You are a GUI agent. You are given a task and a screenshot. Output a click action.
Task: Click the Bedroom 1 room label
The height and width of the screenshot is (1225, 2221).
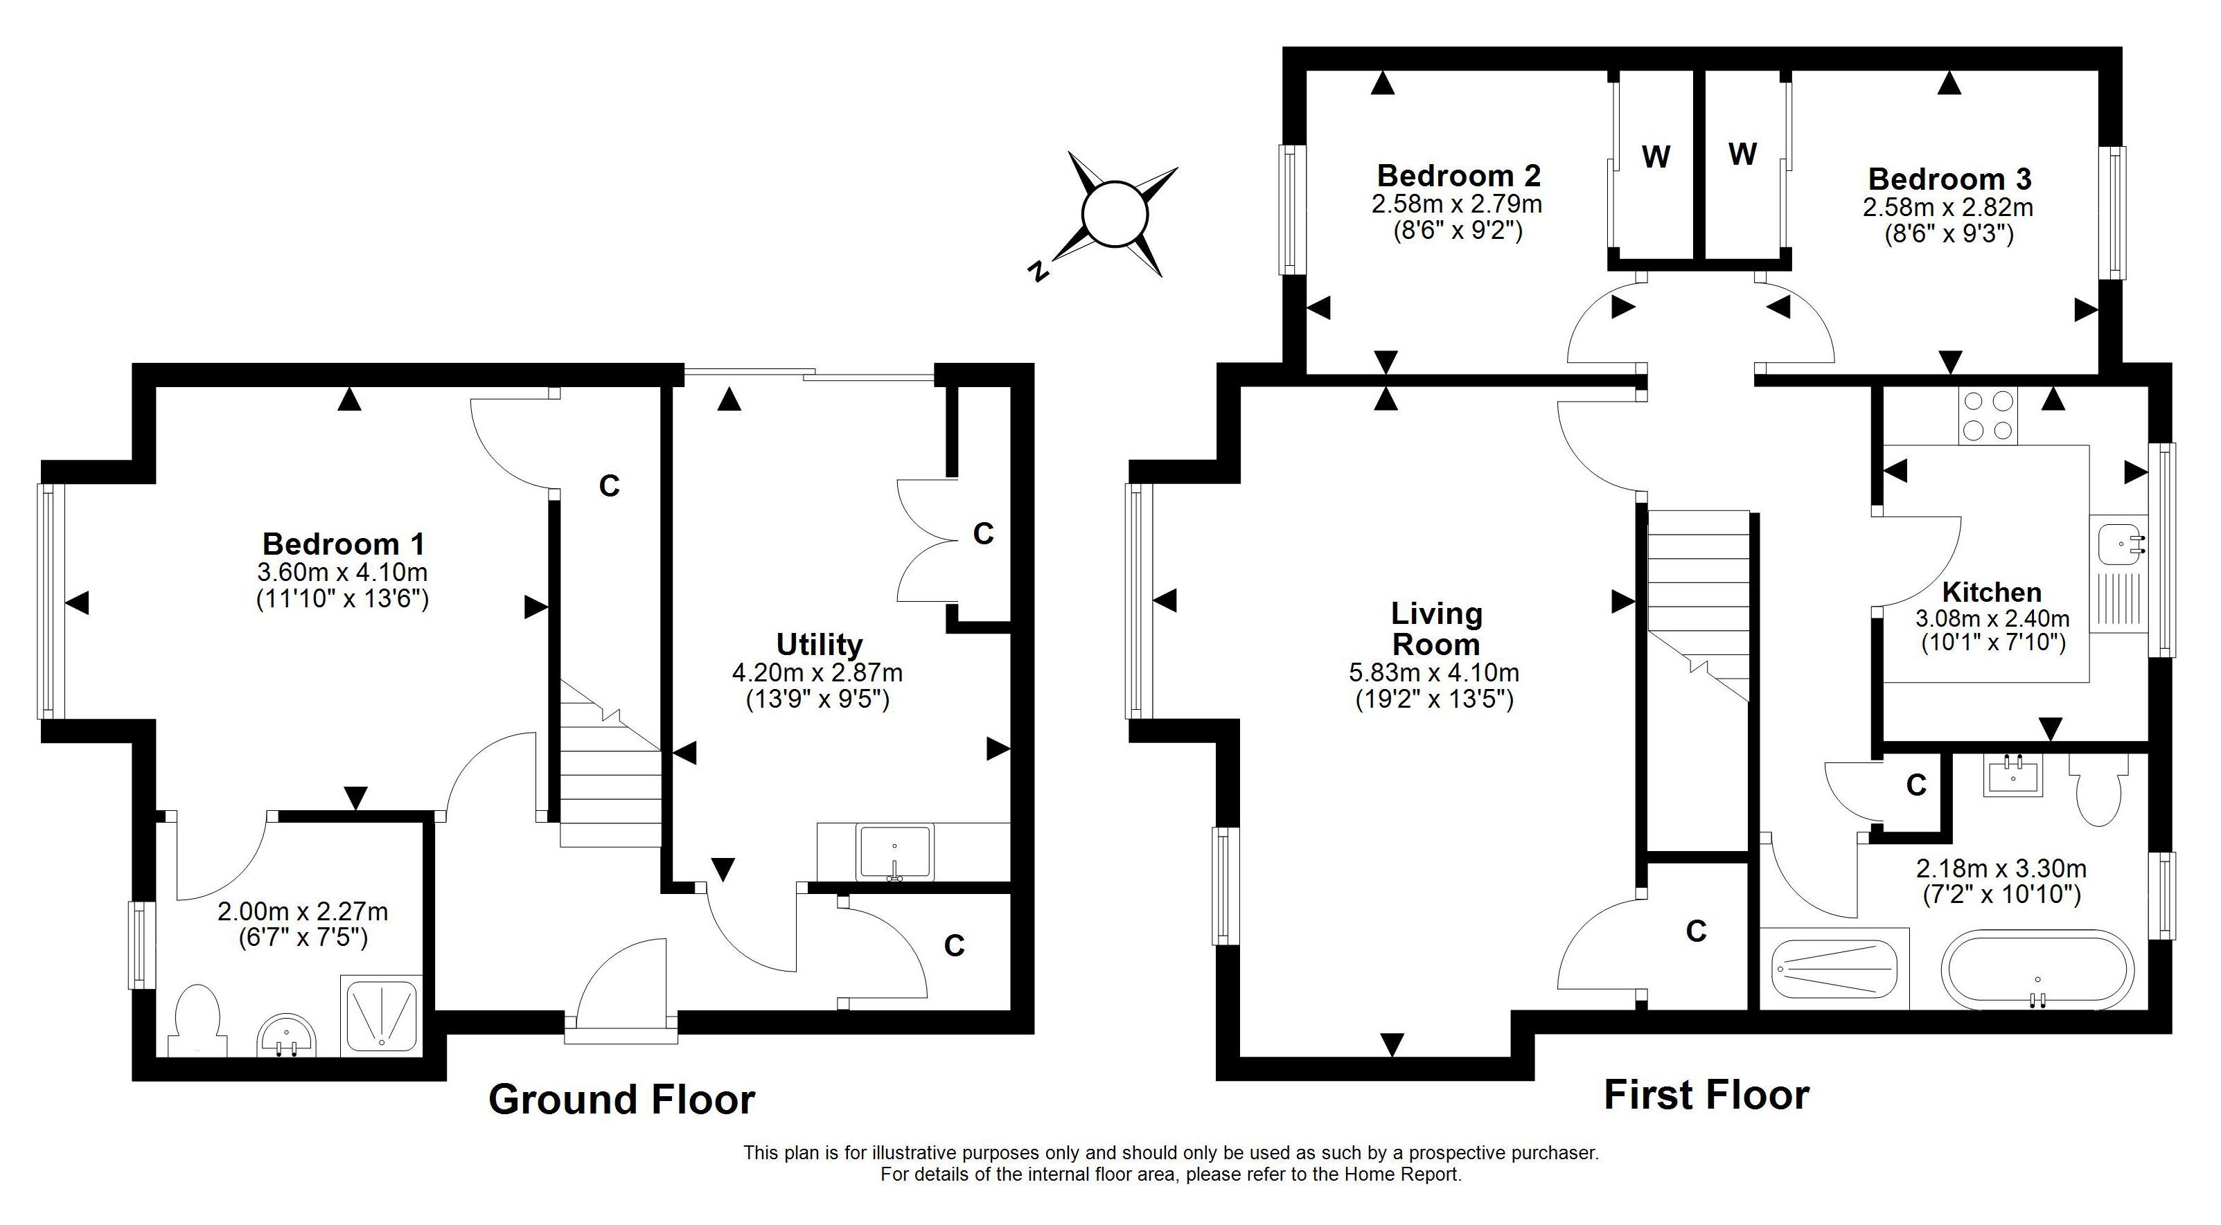343,544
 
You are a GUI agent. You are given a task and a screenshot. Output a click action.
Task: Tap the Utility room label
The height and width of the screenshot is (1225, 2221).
819,645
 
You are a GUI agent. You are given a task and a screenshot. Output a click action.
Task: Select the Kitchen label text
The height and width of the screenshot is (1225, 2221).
1992,592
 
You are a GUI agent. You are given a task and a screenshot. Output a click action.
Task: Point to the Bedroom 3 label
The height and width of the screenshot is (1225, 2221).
1949,179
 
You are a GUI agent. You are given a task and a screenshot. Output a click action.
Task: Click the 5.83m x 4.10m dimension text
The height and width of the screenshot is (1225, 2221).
1435,672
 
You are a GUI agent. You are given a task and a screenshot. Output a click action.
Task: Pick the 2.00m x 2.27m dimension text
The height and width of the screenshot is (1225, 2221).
303,911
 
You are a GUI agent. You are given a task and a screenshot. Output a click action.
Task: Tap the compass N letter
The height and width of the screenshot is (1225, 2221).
1039,271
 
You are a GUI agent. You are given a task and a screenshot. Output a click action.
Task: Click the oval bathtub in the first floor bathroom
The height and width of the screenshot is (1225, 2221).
2037,970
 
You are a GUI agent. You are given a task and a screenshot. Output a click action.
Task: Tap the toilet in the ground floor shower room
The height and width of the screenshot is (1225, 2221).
197,1022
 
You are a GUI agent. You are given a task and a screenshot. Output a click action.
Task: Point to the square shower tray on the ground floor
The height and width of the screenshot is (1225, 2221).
381,1015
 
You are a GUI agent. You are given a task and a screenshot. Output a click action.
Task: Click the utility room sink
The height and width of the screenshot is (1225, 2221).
895,852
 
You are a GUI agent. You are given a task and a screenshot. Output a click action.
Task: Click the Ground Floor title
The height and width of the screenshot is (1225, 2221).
621,1100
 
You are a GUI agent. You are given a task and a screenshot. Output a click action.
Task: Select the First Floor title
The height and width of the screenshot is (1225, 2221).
1706,1095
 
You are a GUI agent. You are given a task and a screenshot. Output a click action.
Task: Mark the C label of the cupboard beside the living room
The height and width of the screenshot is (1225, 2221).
1696,931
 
